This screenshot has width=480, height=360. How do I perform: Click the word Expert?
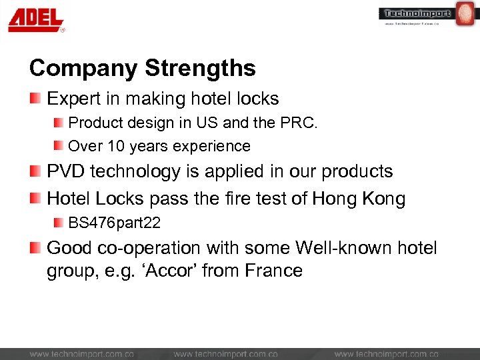point(73,99)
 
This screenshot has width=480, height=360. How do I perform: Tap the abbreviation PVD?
point(65,171)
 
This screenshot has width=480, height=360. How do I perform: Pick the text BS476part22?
point(115,222)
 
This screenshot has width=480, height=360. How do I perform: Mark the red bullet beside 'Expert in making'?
point(35,99)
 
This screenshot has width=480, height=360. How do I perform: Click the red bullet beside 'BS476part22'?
point(59,222)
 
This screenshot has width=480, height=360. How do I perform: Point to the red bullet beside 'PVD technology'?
point(35,171)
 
